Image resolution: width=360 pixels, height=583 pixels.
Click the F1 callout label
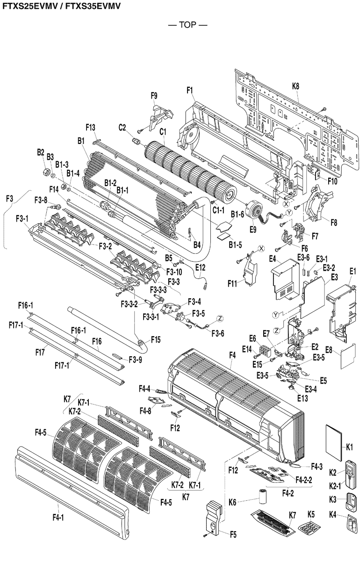click(x=190, y=92)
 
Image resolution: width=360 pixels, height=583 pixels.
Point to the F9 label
click(x=154, y=96)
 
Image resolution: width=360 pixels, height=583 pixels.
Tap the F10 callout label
click(x=332, y=180)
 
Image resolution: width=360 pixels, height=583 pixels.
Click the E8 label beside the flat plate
click(x=342, y=349)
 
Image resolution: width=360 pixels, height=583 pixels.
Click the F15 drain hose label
click(x=155, y=338)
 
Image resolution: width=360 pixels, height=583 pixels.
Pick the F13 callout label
click(x=91, y=128)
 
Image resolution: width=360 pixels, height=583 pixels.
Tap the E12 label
click(x=200, y=267)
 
